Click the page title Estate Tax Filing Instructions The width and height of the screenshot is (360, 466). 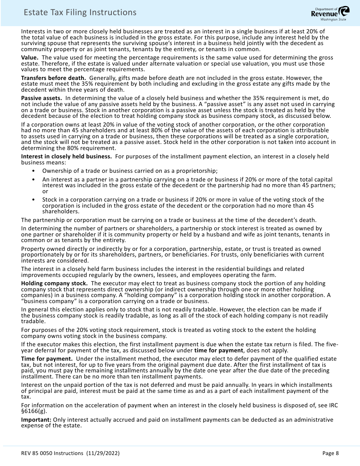click(x=80, y=13)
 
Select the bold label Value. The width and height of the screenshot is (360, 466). click(x=30, y=58)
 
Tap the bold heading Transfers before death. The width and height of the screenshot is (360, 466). click(x=53, y=78)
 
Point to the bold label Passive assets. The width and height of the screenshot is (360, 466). click(x=42, y=98)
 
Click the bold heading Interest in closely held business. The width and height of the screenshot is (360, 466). click(x=66, y=156)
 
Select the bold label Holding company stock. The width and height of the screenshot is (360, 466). click(x=55, y=283)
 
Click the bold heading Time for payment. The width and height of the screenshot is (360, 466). click(x=47, y=359)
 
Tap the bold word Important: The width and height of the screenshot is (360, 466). click(x=36, y=420)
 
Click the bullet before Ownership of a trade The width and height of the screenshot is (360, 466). click(x=34, y=171)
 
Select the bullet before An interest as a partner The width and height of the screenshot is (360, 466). click(x=34, y=180)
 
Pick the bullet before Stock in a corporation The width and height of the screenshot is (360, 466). click(x=34, y=200)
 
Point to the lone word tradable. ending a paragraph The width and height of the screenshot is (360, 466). click(x=33, y=321)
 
